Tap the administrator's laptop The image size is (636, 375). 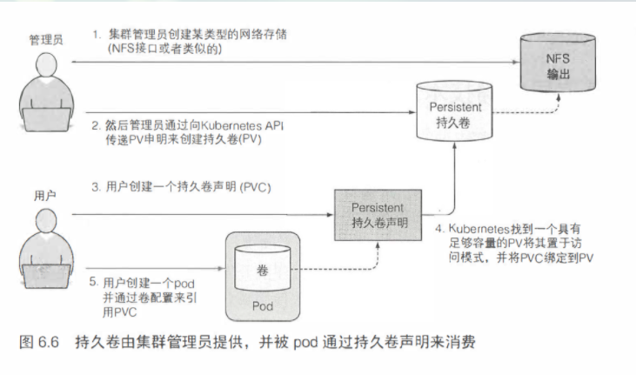pos(38,117)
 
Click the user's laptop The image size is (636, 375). pos(38,275)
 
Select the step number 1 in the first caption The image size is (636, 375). pos(97,34)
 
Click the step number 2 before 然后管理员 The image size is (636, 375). pos(97,125)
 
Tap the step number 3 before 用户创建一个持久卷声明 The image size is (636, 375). pos(97,186)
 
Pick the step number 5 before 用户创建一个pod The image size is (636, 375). pos(93,282)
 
